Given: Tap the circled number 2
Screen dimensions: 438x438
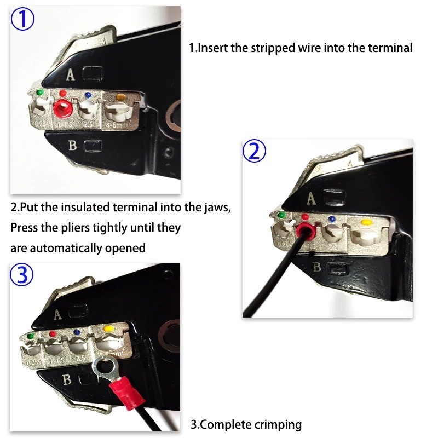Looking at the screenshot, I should point(254,152).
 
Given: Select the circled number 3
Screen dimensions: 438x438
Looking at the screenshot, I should point(22,275).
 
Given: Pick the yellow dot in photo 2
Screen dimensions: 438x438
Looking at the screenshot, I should point(365,223).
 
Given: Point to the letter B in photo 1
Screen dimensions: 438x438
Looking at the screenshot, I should point(72,145).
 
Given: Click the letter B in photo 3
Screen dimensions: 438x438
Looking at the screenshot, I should point(66,379).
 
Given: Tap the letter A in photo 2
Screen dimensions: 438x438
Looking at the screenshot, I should point(312,199).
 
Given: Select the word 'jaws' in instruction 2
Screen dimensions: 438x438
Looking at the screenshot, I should point(218,208).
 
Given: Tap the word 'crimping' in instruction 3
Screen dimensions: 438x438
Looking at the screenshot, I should point(275,424).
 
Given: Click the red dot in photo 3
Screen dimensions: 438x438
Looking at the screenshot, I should point(53,333).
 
